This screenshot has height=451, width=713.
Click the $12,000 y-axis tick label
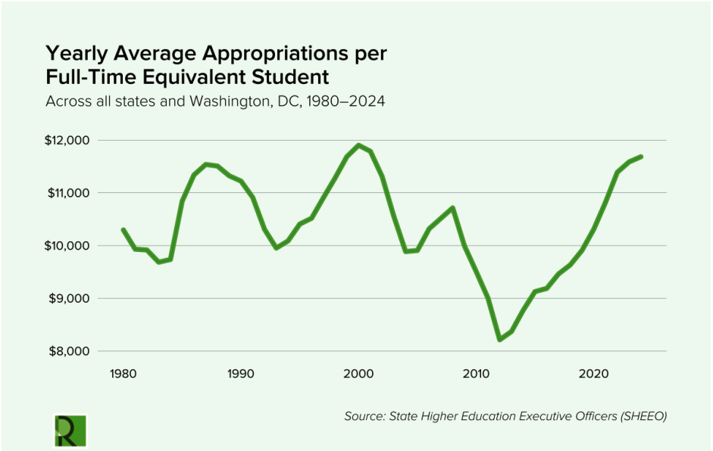pyautogui.click(x=68, y=141)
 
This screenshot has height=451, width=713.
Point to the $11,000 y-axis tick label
pyautogui.click(x=68, y=193)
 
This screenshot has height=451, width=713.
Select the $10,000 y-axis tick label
pyautogui.click(x=68, y=246)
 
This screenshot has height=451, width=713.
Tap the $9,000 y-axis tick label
pyautogui.click(x=70, y=299)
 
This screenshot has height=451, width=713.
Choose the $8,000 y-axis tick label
pyautogui.click(x=70, y=351)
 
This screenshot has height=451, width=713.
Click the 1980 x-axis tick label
pyautogui.click(x=122, y=374)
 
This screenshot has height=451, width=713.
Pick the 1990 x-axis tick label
pyautogui.click(x=240, y=374)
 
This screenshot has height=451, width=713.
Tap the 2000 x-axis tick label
pyautogui.click(x=358, y=374)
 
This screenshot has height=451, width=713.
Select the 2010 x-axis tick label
pyautogui.click(x=476, y=374)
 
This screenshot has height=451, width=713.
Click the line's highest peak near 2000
pyautogui.click(x=358, y=145)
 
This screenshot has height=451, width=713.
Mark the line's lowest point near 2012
pyautogui.click(x=499, y=340)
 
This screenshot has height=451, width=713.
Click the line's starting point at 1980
pyautogui.click(x=123, y=229)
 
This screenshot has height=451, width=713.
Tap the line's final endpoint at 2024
pyautogui.click(x=641, y=157)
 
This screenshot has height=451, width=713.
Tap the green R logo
pyautogui.click(x=70, y=430)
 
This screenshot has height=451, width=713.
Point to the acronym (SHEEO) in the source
pyautogui.click(x=641, y=416)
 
